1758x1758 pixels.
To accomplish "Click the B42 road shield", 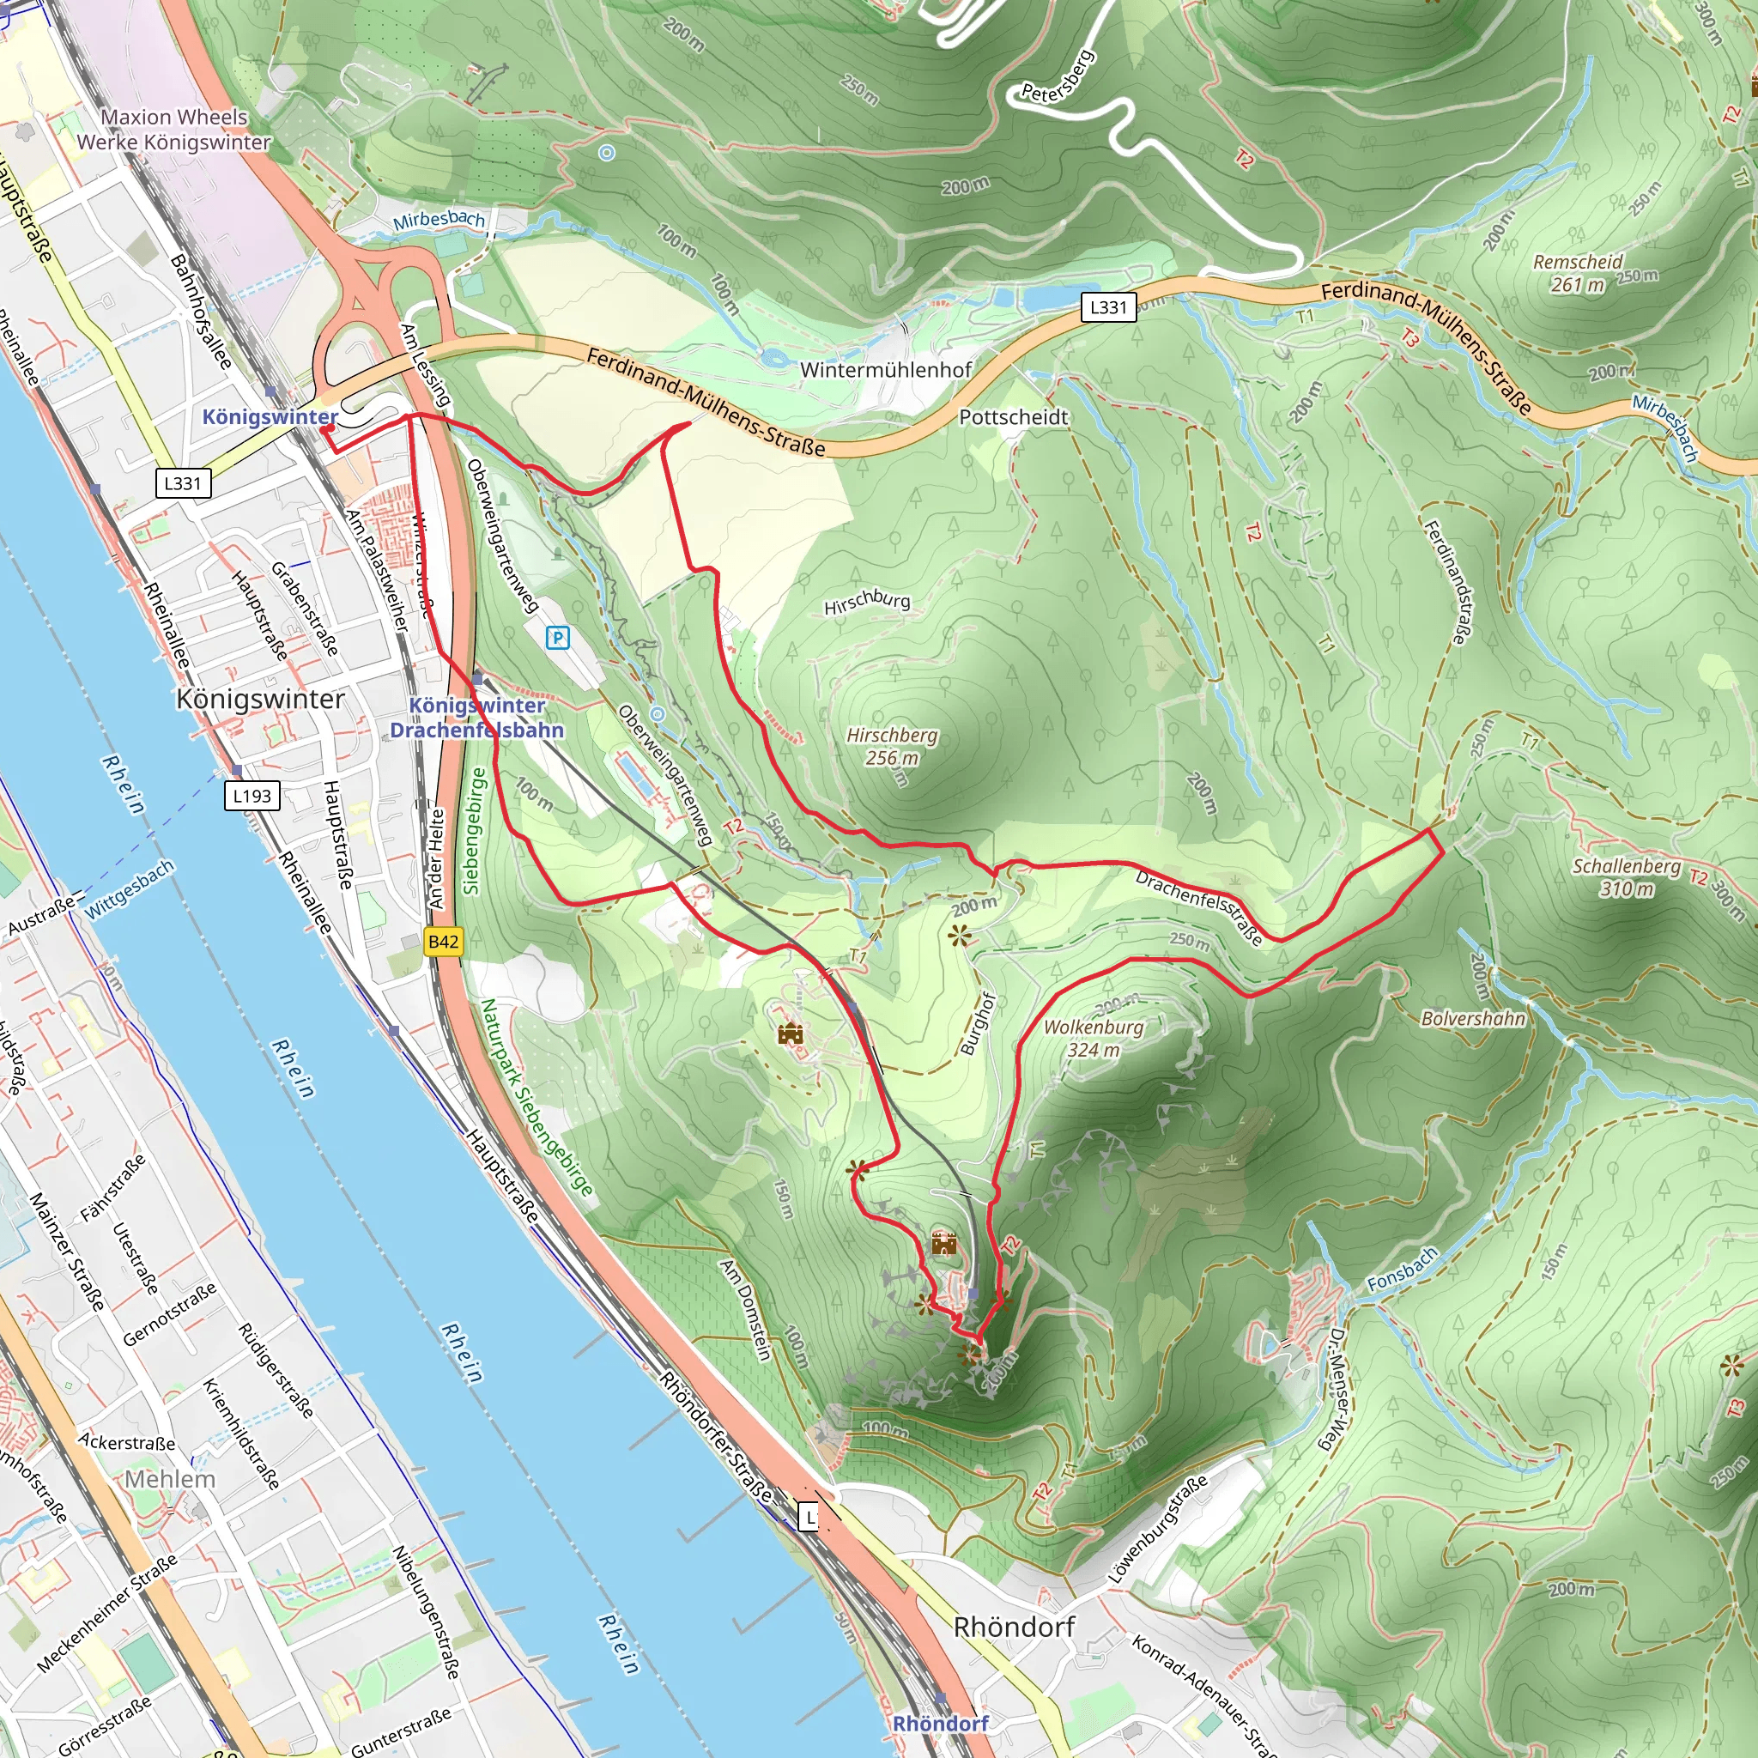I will click(x=443, y=941).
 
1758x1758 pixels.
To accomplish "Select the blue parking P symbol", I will click(x=557, y=638).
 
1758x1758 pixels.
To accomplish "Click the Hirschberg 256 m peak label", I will click(x=892, y=746).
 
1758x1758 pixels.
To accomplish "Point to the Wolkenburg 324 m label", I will click(x=1093, y=1037).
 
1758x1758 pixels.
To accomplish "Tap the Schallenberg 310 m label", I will click(x=1627, y=876).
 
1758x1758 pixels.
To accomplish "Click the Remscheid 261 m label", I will click(x=1578, y=273).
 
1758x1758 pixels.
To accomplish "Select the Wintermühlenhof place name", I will click(x=885, y=369).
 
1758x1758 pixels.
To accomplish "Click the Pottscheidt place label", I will click(x=1013, y=416).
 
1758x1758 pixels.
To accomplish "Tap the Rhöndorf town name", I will click(x=1014, y=1627).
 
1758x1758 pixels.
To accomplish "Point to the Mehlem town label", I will click(x=170, y=1479).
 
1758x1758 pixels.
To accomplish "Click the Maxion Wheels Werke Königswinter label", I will click(x=173, y=130).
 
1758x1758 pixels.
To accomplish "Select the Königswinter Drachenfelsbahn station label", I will click(x=476, y=717).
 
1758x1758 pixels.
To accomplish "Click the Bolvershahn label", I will click(x=1472, y=1018).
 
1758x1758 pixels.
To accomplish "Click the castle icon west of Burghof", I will click(x=790, y=1034).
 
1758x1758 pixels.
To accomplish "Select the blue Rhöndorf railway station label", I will click(x=940, y=1723).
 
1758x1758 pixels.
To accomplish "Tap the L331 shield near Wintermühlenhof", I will click(x=1107, y=306).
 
